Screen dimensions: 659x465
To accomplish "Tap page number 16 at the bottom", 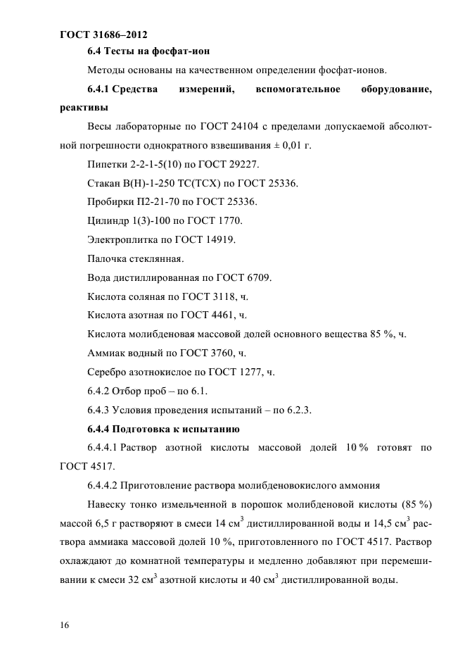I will (65, 624).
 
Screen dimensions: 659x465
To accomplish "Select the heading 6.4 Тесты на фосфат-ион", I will (148, 51).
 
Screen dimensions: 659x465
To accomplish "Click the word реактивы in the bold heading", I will (84, 108).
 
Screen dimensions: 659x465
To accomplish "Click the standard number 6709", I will (257, 277).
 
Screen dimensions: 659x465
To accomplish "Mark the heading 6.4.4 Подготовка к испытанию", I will (163, 427).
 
